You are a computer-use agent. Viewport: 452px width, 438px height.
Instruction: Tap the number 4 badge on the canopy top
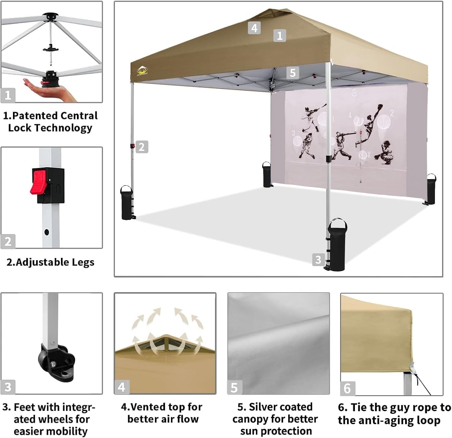[254, 28]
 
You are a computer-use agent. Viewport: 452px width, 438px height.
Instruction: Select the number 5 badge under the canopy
[292, 73]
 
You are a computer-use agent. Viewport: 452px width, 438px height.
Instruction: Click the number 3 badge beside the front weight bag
[318, 260]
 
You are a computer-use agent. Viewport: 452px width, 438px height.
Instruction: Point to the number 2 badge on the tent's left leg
[141, 147]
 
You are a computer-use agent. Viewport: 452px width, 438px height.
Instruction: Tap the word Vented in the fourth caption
[148, 407]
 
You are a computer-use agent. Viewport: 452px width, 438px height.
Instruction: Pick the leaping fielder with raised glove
[370, 122]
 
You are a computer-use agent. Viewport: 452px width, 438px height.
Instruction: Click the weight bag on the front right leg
[337, 244]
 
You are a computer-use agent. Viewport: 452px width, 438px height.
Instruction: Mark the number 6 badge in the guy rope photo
[347, 389]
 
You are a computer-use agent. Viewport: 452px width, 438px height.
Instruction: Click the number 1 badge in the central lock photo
[8, 95]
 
